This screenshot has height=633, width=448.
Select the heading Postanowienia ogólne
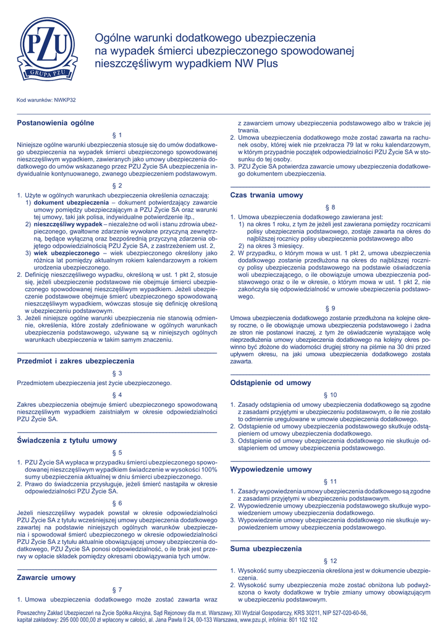click(x=55, y=122)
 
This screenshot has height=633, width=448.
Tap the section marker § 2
click(x=117, y=185)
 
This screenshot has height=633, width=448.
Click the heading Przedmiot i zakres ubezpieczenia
click(x=75, y=360)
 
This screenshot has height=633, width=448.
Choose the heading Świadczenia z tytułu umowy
click(x=67, y=440)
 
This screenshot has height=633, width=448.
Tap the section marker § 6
click(x=117, y=503)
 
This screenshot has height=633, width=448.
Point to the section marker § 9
click(x=330, y=308)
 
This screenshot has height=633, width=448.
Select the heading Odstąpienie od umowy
click(x=271, y=383)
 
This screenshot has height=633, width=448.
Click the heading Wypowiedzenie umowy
click(x=271, y=469)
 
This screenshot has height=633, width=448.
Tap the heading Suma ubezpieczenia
click(x=266, y=548)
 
